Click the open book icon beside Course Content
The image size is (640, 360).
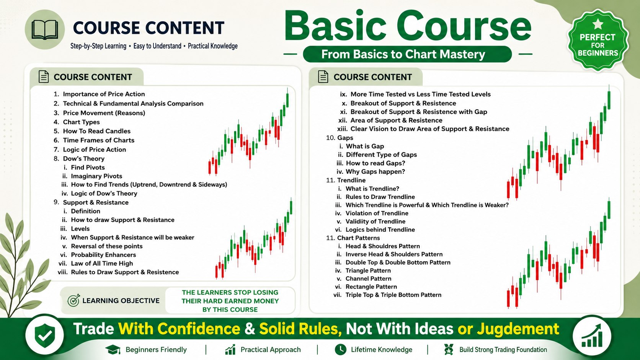tap(44, 29)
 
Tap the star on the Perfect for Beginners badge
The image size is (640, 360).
tap(598, 24)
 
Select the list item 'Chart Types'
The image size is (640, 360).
tap(82, 122)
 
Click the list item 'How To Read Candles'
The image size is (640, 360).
tap(96, 131)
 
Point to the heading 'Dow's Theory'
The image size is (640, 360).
tap(84, 158)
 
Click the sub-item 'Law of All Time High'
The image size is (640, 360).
tap(102, 263)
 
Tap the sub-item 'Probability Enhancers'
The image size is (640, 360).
tap(103, 255)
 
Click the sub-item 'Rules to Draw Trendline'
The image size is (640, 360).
tap(380, 197)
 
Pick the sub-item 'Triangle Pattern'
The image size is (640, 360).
tap(368, 270)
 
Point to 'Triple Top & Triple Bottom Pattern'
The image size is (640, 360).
tap(393, 295)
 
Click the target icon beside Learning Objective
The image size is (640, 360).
tap(74, 300)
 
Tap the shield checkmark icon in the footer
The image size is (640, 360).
tap(44, 335)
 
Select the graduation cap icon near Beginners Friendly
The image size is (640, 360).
tap(113, 350)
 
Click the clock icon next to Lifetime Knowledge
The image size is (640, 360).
tap(341, 349)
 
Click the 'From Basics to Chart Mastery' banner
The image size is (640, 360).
tap(407, 54)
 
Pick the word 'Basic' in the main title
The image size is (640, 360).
tap(335, 26)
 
